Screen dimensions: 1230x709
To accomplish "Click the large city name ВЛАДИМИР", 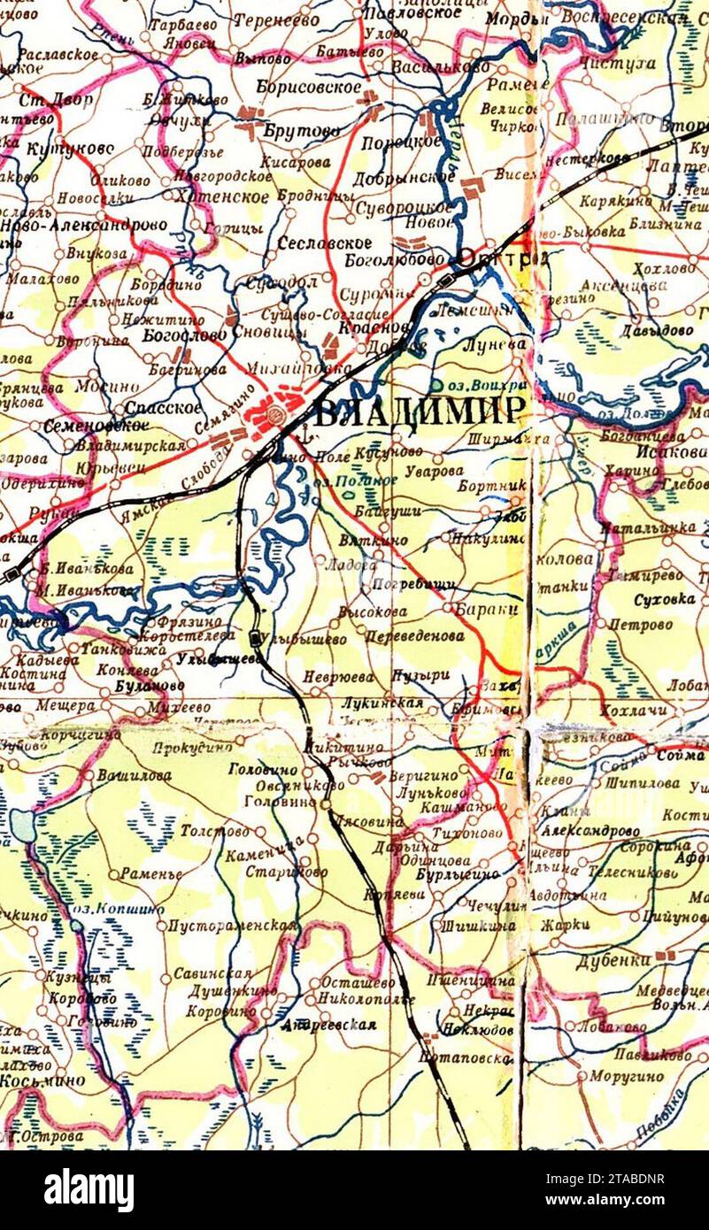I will click(x=420, y=413).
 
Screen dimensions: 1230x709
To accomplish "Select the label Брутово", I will click(x=301, y=131).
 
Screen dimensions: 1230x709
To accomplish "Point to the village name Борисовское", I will click(x=309, y=88).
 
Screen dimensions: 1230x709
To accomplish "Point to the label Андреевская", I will click(x=328, y=1025).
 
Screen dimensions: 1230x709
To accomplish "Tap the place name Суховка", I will click(x=664, y=600).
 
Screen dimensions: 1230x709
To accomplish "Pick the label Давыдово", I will click(x=659, y=330).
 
